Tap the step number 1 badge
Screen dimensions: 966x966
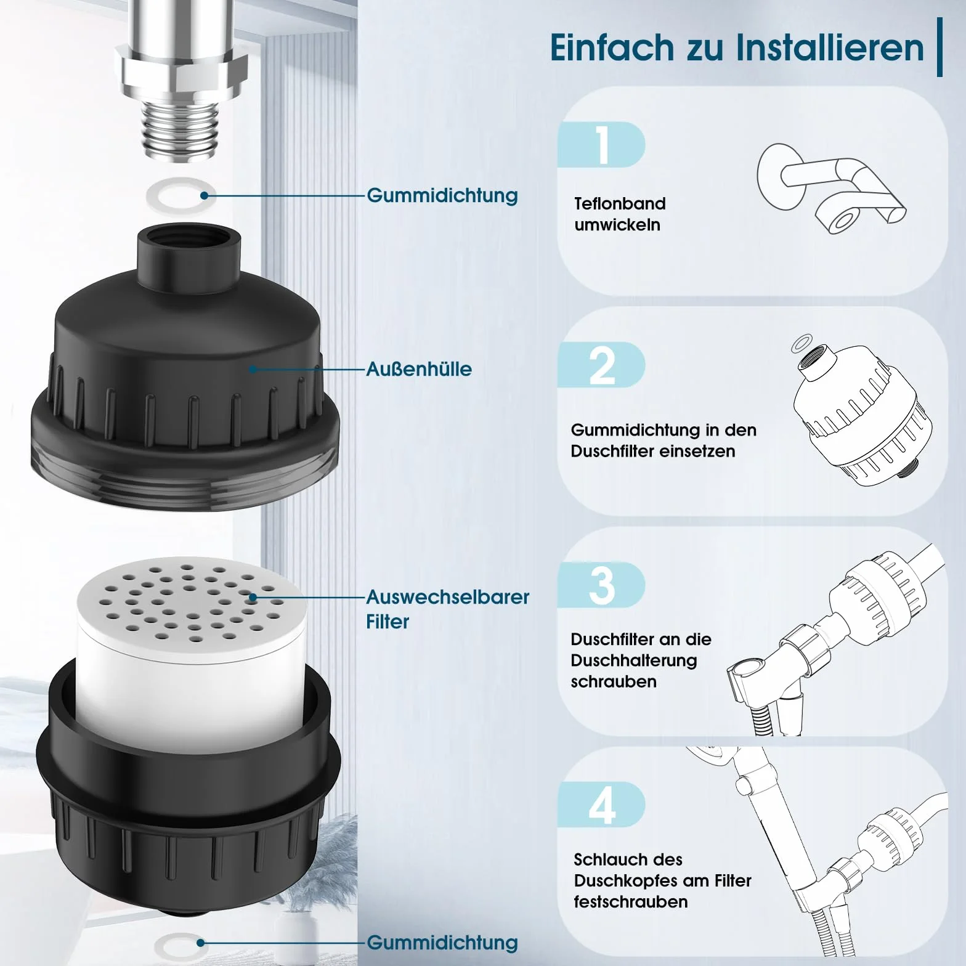601,145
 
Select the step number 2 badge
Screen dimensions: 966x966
601,365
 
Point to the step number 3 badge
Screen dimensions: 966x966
601,585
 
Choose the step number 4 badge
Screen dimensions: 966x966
601,805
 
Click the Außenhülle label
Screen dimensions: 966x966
419,369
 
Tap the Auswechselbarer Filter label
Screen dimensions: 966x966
447,609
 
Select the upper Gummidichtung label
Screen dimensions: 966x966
442,195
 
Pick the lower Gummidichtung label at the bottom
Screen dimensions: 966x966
442,943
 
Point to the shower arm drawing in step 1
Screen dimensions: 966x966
832,188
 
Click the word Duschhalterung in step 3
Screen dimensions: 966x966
634,660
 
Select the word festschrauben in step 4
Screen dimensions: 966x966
631,902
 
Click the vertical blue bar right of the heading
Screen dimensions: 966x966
940,47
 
